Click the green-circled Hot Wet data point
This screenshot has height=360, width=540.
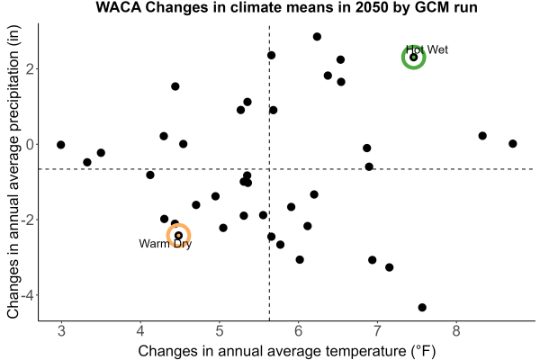414,58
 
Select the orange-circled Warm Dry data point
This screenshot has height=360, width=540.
178,235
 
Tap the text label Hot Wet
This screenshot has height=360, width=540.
427,49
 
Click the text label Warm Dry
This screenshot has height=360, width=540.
166,244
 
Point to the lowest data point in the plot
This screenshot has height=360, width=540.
422,307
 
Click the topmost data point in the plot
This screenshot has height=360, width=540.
317,37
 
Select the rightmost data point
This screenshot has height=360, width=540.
513,144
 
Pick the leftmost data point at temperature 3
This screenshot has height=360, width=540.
61,145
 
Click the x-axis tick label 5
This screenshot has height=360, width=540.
220,331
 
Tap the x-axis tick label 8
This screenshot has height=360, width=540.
456,331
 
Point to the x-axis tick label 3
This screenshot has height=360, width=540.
61,331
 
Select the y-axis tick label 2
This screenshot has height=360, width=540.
30,69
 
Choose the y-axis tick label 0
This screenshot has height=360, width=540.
30,144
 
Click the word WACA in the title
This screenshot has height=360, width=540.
119,7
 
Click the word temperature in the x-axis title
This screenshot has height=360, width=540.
366,351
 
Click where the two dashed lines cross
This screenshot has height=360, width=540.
269,169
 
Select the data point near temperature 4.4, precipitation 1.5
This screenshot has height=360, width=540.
175,86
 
